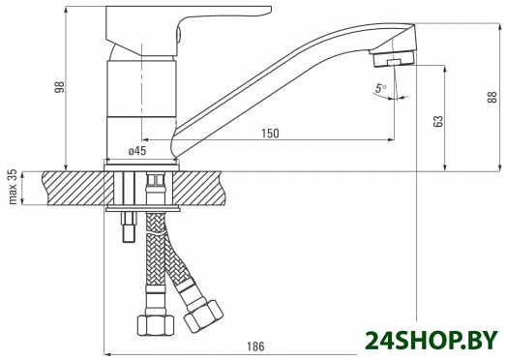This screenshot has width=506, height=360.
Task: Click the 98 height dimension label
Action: click(59, 87)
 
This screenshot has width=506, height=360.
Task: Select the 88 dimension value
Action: click(492, 97)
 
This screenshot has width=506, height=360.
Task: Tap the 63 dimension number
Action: click(438, 121)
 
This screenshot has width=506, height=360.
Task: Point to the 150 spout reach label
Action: click(270, 134)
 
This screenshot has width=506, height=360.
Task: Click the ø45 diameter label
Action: click(137, 151)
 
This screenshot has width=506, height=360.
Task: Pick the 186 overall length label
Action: click(255, 346)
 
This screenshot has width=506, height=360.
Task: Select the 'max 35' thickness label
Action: click(13, 187)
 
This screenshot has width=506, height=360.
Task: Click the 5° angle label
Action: click(381, 88)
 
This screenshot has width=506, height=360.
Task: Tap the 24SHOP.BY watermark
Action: click(432, 340)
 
